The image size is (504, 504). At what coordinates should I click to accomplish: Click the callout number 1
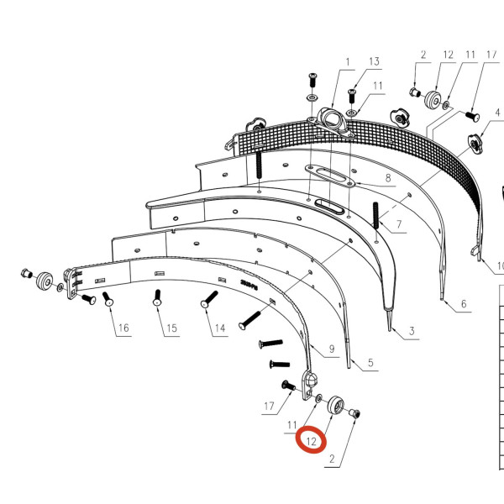point(345,61)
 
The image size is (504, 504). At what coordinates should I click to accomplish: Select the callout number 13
point(374,61)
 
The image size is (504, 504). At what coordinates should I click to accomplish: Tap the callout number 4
point(497,109)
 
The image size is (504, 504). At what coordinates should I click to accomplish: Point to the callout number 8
point(388,178)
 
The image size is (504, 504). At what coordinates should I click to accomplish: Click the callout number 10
point(499,267)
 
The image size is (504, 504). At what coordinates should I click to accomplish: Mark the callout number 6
point(461,304)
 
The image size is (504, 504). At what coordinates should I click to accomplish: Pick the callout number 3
point(412,333)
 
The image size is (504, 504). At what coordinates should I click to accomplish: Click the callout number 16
point(123,328)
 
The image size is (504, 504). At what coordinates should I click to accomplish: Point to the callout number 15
point(171,328)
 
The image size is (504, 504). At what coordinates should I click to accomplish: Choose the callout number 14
point(219,328)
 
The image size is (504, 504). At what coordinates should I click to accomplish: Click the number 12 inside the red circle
point(312,440)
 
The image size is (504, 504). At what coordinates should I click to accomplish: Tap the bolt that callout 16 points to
point(108,300)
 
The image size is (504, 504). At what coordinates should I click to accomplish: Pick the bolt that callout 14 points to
point(208,298)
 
